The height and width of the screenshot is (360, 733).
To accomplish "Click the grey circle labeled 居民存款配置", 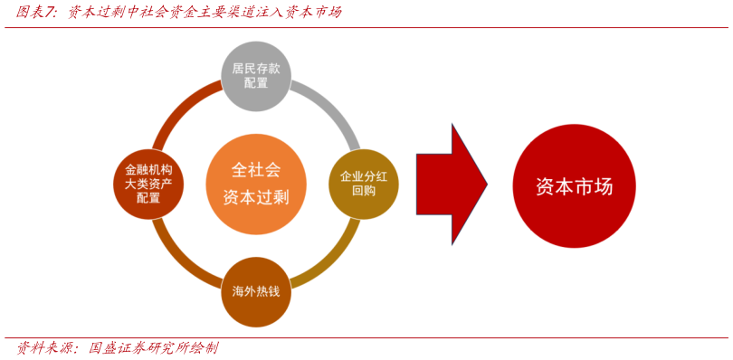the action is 256,76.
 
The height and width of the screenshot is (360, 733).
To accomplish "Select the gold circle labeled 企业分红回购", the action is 363,184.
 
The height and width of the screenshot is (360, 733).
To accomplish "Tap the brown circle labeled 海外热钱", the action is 256,292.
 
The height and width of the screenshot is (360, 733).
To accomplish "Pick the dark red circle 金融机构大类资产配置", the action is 148,184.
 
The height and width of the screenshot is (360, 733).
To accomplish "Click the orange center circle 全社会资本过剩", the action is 256,184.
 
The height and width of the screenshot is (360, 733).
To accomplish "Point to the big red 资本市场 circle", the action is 574,186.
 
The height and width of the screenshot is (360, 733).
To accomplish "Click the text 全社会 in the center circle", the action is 256,169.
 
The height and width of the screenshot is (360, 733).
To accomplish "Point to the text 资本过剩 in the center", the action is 256,196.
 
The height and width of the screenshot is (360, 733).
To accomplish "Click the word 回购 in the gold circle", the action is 363,191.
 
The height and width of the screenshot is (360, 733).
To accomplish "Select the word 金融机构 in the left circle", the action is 148,169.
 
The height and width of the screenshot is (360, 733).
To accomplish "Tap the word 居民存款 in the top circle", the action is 256,68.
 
